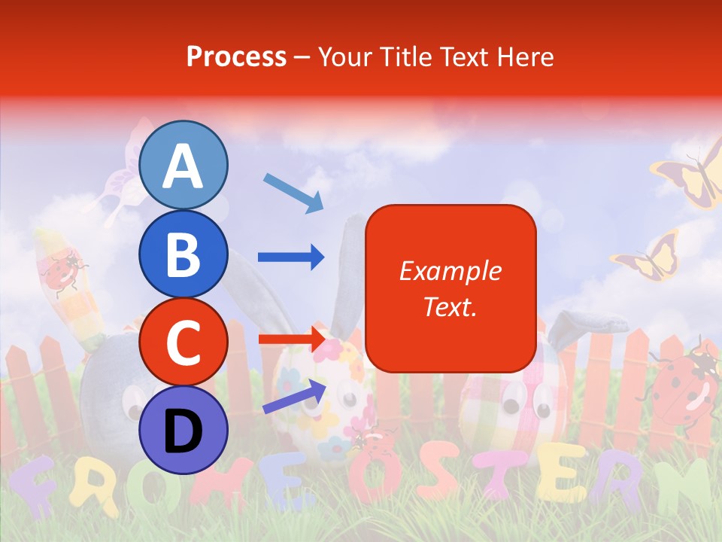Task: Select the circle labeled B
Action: tap(183, 254)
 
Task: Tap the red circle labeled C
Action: tap(183, 343)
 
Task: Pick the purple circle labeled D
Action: tap(183, 430)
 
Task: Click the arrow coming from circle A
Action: tap(293, 192)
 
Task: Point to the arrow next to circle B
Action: tap(290, 257)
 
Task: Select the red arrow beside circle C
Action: tap(290, 339)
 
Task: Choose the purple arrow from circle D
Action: tap(294, 397)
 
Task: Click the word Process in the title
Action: tap(236, 56)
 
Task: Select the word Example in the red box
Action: tap(450, 271)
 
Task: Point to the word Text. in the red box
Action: tap(450, 306)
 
